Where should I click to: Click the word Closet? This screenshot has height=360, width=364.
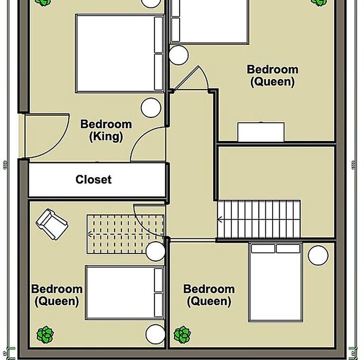pos(93,180)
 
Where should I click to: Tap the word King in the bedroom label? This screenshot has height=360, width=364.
pos(106,136)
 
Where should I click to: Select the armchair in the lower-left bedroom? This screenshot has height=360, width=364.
pos(52,224)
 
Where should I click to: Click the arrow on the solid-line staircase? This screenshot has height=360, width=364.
pos(219,219)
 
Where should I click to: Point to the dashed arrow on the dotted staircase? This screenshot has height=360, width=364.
pos(125,234)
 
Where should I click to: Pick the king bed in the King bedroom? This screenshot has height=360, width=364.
pos(120,54)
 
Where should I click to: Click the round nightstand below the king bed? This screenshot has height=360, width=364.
pos(151,108)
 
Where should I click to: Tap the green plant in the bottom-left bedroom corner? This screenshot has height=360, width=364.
pos(45,334)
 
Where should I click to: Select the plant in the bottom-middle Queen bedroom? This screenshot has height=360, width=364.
pos(182,335)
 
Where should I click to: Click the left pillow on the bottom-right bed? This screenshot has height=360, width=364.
pos(263,248)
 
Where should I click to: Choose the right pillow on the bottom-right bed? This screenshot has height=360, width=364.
pos(288,248)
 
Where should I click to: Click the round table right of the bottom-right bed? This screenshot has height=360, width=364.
pos(318,255)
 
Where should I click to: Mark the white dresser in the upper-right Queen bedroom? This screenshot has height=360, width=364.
pos(261,132)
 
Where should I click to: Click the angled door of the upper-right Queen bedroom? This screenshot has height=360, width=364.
pos(191,78)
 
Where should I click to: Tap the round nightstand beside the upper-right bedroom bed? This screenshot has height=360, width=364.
pos(179,55)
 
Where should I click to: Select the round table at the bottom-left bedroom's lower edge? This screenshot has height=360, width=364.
pos(155,334)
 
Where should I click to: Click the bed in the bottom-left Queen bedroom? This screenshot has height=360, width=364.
pos(125,293)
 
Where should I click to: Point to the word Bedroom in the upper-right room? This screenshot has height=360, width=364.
pos(273,70)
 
